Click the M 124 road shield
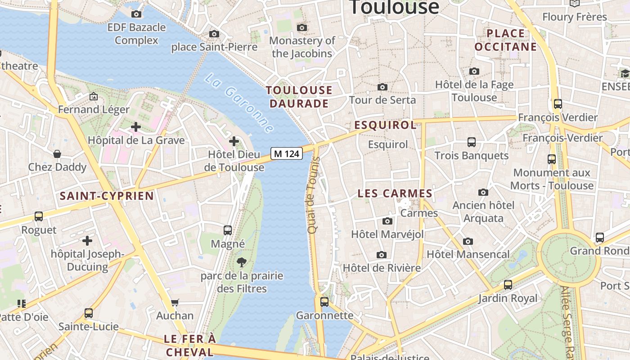[286, 153]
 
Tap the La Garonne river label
[239, 103]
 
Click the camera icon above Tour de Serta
[382, 87]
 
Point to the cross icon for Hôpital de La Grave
[136, 127]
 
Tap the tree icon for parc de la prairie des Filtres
[242, 262]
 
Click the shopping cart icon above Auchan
[175, 302]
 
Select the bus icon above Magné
[228, 230]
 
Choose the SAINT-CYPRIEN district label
[107, 196]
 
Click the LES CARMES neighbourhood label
[395, 193]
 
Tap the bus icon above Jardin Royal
[508, 284]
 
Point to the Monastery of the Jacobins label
[302, 47]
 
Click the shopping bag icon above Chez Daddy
[57, 154]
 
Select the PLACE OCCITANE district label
[506, 40]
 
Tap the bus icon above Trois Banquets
[472, 142]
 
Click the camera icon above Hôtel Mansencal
[468, 241]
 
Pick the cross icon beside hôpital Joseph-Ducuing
[87, 241]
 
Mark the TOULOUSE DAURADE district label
[299, 97]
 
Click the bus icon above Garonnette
[324, 301]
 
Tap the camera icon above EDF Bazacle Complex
[136, 14]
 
